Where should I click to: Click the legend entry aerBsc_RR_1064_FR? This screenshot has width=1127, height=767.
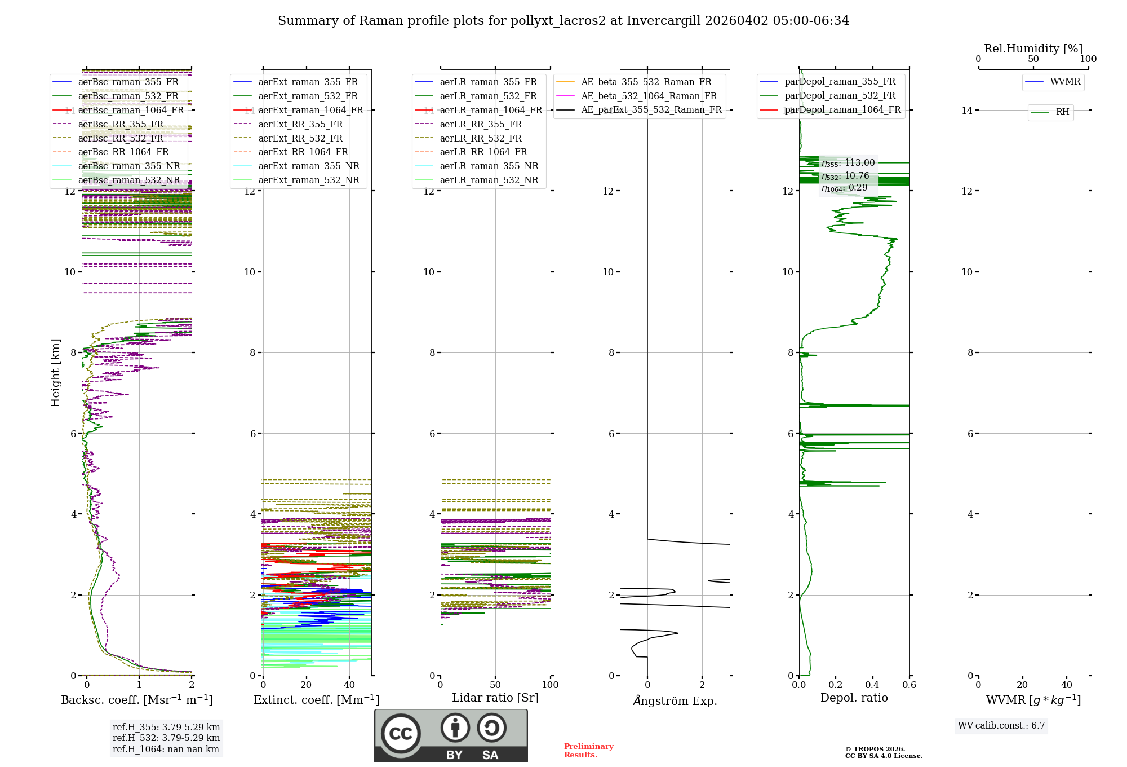point(123,152)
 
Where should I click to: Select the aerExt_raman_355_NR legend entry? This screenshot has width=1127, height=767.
point(308,166)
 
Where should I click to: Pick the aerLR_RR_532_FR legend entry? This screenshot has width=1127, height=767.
point(480,138)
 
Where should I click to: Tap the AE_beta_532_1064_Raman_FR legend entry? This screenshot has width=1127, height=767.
point(649,96)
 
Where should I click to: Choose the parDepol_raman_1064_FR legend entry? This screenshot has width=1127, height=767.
point(842,110)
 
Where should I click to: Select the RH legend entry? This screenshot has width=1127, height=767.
point(1062,112)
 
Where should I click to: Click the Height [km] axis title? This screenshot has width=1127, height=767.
point(55,373)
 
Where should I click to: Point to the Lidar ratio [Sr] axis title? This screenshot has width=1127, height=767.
point(495,698)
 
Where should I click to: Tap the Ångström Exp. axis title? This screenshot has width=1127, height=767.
point(675,701)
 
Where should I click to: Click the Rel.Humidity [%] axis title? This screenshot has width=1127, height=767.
point(1033,49)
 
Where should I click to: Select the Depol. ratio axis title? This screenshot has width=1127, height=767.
point(854,698)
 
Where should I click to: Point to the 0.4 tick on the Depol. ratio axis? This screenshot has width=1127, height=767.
point(872,685)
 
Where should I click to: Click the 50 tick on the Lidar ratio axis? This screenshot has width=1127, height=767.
point(495,685)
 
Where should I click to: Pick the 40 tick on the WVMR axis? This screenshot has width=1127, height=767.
point(1066,685)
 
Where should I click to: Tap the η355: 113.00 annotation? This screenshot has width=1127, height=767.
point(848,163)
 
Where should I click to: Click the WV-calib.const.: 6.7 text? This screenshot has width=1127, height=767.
point(1001,726)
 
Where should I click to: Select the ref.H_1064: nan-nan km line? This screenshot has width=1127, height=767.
point(166,750)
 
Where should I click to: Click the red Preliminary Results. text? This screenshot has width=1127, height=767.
point(588,751)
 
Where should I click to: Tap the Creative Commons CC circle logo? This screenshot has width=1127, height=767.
point(401,734)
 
